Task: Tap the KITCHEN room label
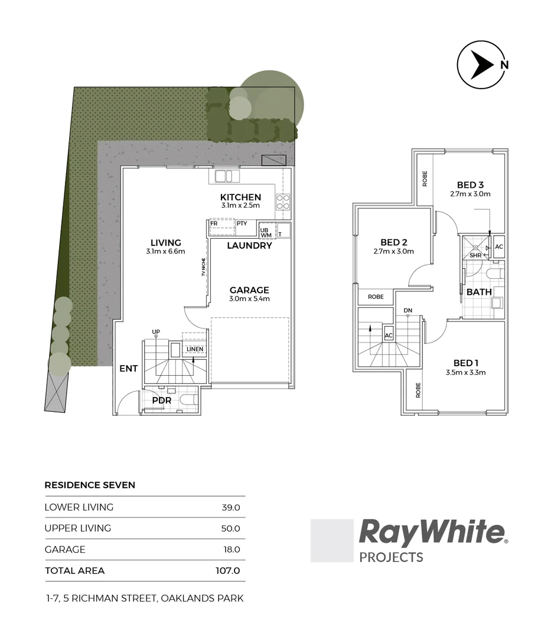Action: pos(240,197)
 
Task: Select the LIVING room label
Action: pos(165,243)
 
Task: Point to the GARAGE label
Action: pos(249,290)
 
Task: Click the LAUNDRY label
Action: pos(249,246)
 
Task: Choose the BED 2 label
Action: pos(394,242)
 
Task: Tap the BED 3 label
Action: pos(470,184)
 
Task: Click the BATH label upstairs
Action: pos(479,292)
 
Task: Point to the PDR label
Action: pos(162,401)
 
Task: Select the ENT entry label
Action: pos(128,369)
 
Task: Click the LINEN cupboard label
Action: pos(195,349)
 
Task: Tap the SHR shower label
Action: pos(475,255)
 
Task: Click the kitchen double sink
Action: pos(224,176)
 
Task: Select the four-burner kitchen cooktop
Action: pos(282,203)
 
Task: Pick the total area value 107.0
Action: pos(227,571)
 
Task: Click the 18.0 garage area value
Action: pos(231,549)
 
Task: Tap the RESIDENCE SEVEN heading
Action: pos(90,485)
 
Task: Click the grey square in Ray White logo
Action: pos(331,541)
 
